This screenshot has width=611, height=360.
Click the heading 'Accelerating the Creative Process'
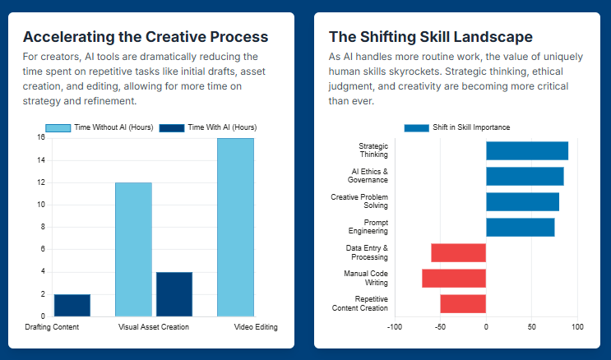(145, 37)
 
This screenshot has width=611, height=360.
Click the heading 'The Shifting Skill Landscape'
(430, 37)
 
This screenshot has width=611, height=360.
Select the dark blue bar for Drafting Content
(72, 305)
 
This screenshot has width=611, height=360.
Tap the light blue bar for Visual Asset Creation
(133, 249)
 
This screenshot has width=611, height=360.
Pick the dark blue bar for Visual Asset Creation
(174, 293)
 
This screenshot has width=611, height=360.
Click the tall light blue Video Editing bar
(235, 227)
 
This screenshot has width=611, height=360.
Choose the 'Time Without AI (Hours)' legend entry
(99, 127)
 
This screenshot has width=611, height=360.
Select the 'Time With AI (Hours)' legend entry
(207, 127)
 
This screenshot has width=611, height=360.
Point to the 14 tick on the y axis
(40, 160)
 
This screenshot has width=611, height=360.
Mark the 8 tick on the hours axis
(41, 227)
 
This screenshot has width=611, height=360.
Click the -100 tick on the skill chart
(395, 327)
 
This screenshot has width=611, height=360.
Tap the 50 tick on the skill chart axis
(531, 327)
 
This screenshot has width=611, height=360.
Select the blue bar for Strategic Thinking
(527, 150)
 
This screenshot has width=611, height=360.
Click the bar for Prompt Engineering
(520, 227)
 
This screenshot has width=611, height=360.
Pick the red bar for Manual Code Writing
(454, 278)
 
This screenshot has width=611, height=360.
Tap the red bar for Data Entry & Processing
(458, 252)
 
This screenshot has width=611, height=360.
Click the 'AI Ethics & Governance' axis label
(369, 176)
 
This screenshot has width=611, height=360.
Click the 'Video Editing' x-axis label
(256, 327)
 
